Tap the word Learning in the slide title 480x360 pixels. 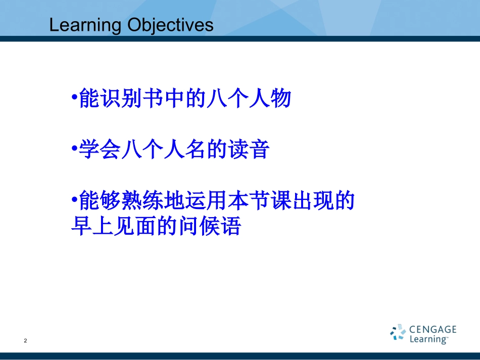(85, 26)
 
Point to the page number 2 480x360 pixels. (25, 341)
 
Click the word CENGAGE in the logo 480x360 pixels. (433, 330)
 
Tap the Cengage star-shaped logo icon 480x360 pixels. (398, 333)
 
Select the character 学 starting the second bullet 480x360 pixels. (89, 150)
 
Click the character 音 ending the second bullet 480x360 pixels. (259, 150)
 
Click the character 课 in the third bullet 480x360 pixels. (280, 201)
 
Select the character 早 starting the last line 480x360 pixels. (81, 227)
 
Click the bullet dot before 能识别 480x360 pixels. (74, 98)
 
